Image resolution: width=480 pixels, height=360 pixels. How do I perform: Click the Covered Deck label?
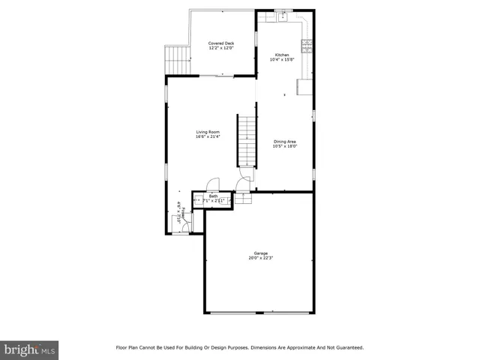(x=221, y=43)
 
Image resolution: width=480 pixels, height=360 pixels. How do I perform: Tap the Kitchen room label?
(x=282, y=55)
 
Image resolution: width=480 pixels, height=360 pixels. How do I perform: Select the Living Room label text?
(x=208, y=132)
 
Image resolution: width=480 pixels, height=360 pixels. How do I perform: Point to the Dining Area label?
(x=285, y=141)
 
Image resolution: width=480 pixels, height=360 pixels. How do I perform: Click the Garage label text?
(x=260, y=253)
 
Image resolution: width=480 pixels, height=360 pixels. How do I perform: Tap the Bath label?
(x=213, y=196)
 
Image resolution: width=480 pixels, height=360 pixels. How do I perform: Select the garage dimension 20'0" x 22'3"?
(x=260, y=259)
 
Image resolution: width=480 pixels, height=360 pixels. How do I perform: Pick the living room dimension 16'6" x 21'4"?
(x=208, y=137)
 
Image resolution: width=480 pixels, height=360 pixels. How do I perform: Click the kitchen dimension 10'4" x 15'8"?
(x=282, y=60)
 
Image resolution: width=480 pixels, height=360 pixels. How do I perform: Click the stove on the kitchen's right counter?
(x=307, y=43)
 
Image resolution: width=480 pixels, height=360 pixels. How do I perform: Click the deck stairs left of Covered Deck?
(x=175, y=57)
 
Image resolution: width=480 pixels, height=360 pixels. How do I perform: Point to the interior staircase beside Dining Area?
(x=247, y=140)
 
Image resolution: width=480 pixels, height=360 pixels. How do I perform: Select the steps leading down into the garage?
(x=244, y=198)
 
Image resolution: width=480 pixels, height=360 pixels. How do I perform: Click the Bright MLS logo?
(x=29, y=349)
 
